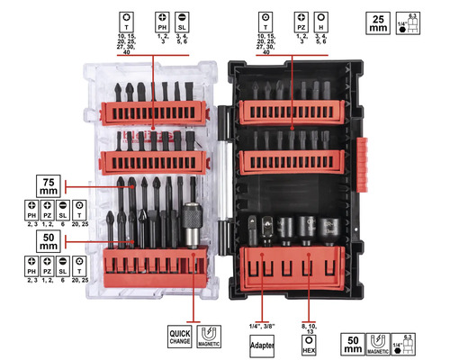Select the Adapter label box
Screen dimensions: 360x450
[x=261, y=343]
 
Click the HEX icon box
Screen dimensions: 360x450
[x=309, y=343]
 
